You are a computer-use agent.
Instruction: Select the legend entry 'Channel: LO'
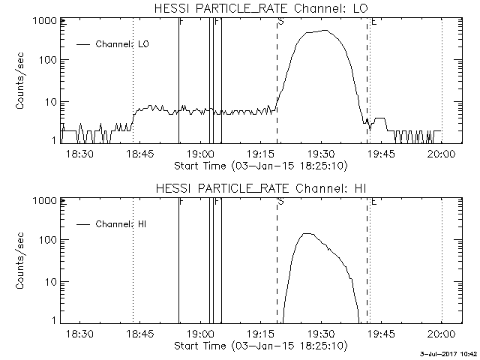(123, 44)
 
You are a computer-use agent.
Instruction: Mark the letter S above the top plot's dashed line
(280, 22)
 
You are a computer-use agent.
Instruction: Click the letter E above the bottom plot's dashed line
(373, 202)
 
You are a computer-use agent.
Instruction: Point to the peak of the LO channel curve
(326, 31)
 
